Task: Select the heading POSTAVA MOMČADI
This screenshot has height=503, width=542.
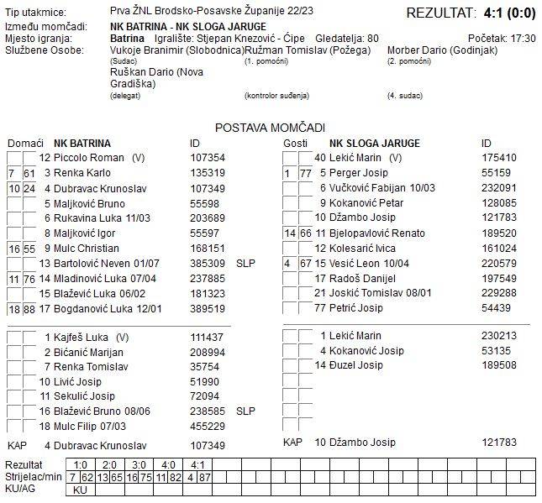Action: pos(270,128)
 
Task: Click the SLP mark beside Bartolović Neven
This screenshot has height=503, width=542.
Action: pos(245,264)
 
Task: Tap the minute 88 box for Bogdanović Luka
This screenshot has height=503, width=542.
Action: pos(29,309)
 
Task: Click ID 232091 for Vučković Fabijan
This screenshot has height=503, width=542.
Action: pos(498,188)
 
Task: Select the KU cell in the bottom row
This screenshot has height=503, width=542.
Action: pos(80,490)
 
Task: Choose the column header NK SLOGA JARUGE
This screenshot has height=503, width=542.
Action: pos(374,144)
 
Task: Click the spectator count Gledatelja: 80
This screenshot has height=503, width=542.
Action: pos(347,39)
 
